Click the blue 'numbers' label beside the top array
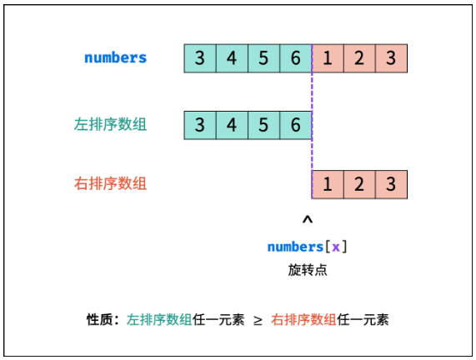pos(115,57)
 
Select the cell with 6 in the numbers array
pos(296,58)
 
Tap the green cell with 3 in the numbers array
pos(200,58)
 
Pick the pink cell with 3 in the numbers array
pos(391,58)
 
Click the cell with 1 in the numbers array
pos(328,58)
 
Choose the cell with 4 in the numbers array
pos(232,58)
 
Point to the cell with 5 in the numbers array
pos(263,58)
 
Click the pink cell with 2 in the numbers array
pos(359,58)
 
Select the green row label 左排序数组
pos(111,124)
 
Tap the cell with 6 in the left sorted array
pos(296,125)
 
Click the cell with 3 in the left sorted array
pos(200,125)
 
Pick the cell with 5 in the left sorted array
pos(263,125)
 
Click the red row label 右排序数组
pos(111,183)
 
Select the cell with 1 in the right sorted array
pos(328,184)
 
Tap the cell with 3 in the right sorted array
pos(391,184)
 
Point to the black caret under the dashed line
pos(308,219)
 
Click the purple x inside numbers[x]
pos(336,247)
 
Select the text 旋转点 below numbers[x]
pos(308,270)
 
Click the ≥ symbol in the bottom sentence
pos(258,321)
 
